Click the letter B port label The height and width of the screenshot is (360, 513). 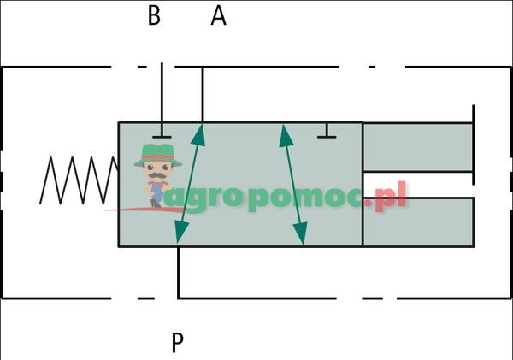coord(154,16)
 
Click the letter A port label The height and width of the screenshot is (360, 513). coord(218,16)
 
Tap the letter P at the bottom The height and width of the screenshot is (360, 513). coord(177,342)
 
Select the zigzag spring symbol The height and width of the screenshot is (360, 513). coord(80,180)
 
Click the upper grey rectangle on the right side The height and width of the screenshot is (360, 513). coord(417,146)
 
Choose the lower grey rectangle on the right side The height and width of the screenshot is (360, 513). coord(417,222)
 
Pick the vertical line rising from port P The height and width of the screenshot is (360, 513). coord(178,272)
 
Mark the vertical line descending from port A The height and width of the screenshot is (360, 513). coord(202,94)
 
